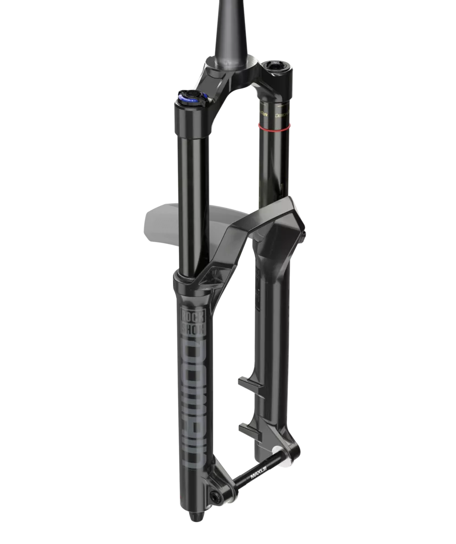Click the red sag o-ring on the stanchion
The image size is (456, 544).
(275, 126)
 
